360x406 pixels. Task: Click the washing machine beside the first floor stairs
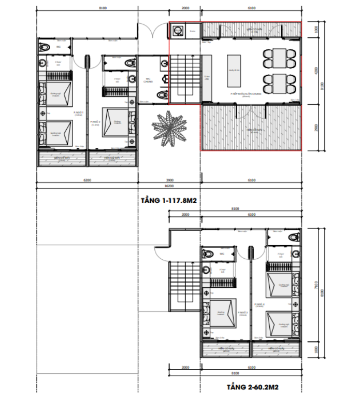pos(178,31)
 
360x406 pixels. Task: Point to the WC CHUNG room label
pos(148,81)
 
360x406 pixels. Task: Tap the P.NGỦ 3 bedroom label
pos(242,313)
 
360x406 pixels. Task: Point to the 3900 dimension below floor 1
pos(169,181)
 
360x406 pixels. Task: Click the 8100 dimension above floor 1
pos(87,8)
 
